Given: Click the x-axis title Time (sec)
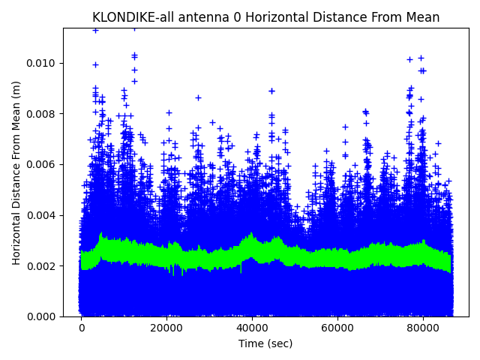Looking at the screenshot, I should (x=265, y=343).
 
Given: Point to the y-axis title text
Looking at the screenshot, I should (x=16, y=172).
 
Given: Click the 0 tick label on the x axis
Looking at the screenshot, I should (x=82, y=328).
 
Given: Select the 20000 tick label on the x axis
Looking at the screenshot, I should (x=166, y=328).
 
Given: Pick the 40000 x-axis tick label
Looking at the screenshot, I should (x=252, y=328).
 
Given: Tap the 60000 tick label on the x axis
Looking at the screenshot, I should (x=337, y=328).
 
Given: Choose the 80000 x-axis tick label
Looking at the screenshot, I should (x=422, y=328).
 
